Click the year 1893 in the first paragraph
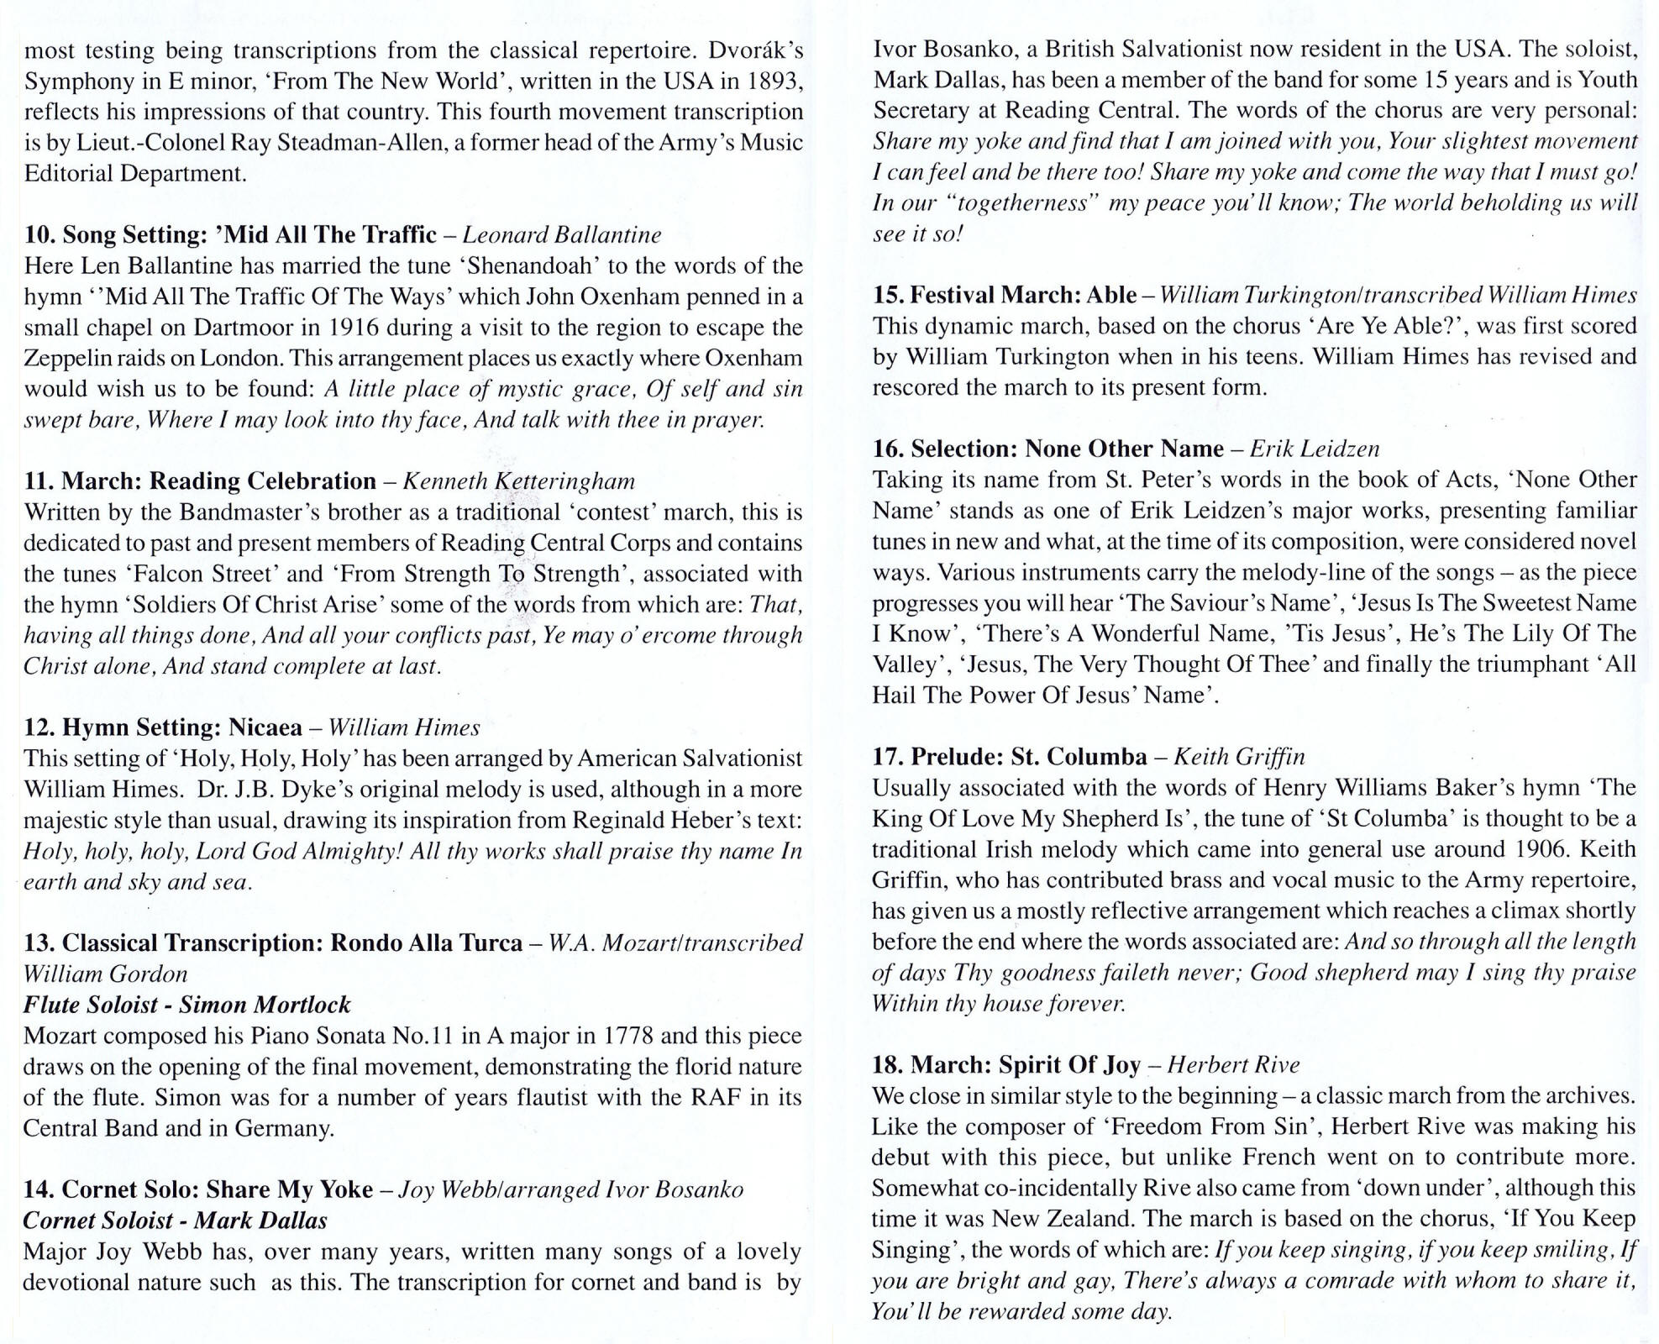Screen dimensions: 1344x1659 (x=769, y=81)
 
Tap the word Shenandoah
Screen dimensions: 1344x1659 (x=533, y=265)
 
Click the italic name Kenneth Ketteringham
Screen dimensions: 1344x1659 (x=518, y=480)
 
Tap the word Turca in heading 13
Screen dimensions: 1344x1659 (x=488, y=942)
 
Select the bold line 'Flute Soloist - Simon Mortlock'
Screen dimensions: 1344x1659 (x=186, y=1005)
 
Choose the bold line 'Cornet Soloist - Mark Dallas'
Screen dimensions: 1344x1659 (x=175, y=1220)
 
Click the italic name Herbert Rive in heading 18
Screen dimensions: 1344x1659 (x=1233, y=1065)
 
